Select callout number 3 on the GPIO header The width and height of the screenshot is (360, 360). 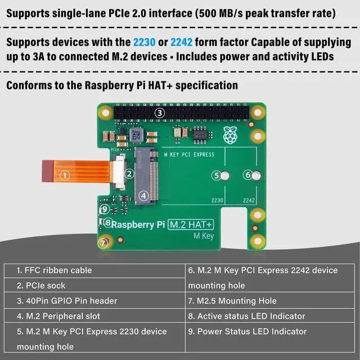point(160,113)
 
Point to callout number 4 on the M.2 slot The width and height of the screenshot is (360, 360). point(144,196)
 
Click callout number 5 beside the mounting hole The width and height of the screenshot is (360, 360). point(217,175)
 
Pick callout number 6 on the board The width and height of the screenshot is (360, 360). point(247,175)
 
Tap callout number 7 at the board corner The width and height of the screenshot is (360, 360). point(102,243)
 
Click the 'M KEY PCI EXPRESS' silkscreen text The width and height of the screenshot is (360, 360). point(188,154)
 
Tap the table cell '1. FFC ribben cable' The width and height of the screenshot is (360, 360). point(54,270)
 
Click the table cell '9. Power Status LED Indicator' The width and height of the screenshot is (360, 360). point(252,331)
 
